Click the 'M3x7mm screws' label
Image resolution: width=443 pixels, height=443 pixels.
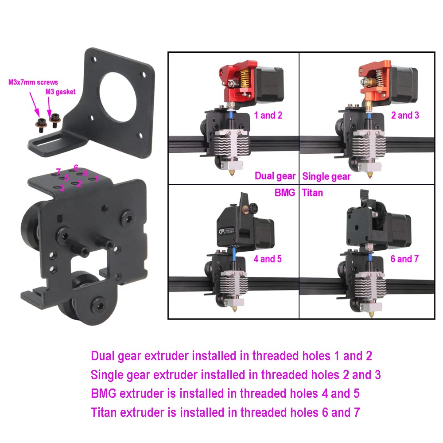(x=33, y=82)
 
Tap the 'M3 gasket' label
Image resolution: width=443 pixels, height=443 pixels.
(x=60, y=92)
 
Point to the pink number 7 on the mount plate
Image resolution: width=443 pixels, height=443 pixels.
(x=58, y=171)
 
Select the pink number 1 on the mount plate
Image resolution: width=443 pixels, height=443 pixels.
(x=96, y=179)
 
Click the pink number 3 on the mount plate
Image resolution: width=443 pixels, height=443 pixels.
(x=62, y=188)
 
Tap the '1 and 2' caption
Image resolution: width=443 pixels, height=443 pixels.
(x=268, y=115)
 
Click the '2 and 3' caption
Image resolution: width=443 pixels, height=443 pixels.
(x=405, y=115)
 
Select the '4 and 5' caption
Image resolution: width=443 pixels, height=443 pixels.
(x=268, y=259)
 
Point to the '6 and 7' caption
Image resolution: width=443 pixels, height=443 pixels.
(x=404, y=259)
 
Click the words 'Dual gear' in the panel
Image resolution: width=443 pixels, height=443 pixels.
(x=275, y=176)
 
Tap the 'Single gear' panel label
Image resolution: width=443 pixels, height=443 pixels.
(x=326, y=177)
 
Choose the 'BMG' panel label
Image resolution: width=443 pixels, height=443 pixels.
(x=285, y=193)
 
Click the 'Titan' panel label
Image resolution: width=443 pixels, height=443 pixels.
(x=312, y=193)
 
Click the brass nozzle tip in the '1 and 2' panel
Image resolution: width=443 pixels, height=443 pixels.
(x=232, y=172)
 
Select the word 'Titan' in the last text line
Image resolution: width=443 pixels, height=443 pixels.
(x=104, y=412)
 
